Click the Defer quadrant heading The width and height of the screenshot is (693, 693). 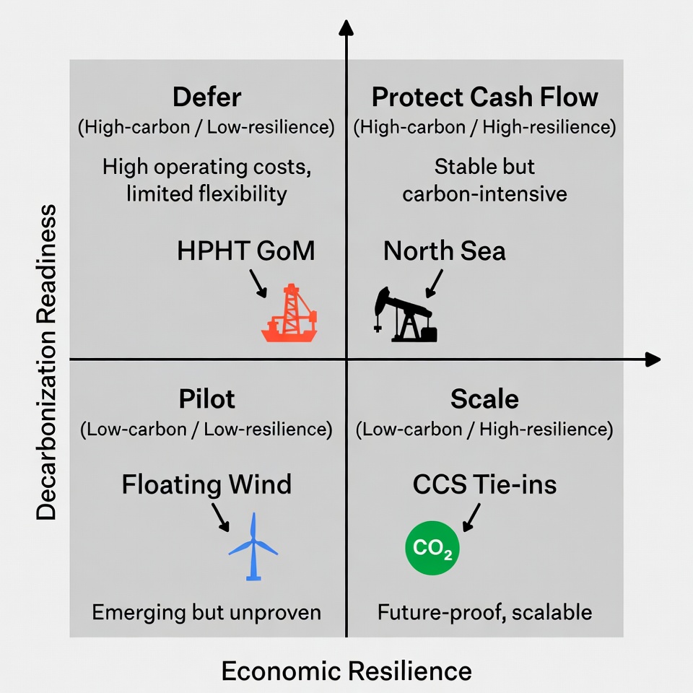pyautogui.click(x=206, y=97)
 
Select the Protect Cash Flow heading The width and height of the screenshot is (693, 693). pyautogui.click(x=484, y=97)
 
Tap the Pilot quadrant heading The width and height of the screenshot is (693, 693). pyautogui.click(x=206, y=399)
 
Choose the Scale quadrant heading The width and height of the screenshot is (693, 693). pyautogui.click(x=484, y=399)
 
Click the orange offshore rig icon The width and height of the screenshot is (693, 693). pyautogui.click(x=289, y=313)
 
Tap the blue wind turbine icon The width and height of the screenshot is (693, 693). pyautogui.click(x=253, y=546)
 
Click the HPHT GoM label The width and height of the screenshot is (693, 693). pyautogui.click(x=246, y=251)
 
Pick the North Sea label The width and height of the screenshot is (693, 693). pyautogui.click(x=445, y=251)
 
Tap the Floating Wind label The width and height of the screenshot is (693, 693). pyautogui.click(x=206, y=484)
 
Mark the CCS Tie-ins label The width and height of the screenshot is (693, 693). pyautogui.click(x=484, y=484)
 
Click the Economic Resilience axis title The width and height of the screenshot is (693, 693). pyautogui.click(x=346, y=671)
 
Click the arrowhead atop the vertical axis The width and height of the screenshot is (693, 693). pyautogui.click(x=346, y=27)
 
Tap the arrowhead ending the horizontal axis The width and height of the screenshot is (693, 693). pyautogui.click(x=653, y=359)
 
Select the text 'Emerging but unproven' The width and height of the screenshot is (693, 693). pyautogui.click(x=206, y=613)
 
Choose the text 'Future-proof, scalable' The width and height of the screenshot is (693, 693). pyautogui.click(x=484, y=613)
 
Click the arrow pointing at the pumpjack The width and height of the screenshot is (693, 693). pyautogui.click(x=435, y=284)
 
